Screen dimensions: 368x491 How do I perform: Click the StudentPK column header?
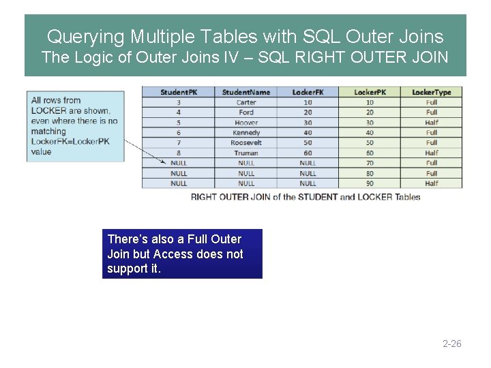178,92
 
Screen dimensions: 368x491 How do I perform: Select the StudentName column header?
246,92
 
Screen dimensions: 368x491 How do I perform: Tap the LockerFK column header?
308,92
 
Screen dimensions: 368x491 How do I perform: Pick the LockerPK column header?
370,92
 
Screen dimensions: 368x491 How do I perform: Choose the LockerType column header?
431,92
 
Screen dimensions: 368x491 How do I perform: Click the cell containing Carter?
246,102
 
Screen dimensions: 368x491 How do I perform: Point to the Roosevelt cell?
246,142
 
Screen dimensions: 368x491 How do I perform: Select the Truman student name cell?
246,153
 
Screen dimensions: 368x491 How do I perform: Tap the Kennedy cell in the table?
246,132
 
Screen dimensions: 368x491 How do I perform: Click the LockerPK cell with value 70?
370,163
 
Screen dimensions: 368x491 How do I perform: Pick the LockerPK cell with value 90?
370,183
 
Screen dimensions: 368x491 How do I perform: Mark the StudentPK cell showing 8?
178,153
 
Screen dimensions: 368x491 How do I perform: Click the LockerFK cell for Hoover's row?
308,123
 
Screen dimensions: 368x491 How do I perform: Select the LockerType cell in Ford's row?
431,112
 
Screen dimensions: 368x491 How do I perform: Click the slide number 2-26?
452,343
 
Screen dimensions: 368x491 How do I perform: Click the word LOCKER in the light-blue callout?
49,110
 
